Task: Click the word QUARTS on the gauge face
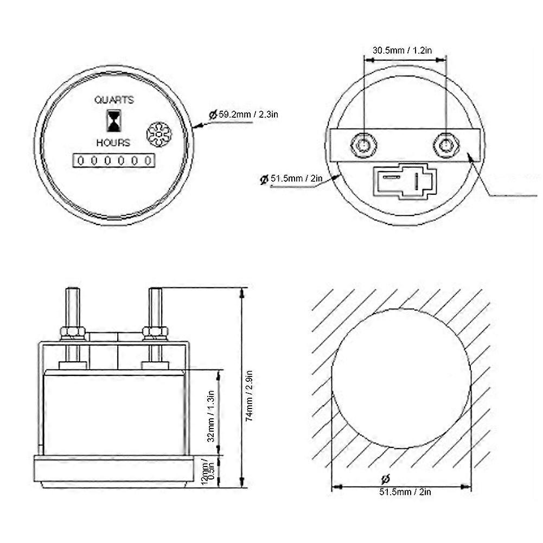pos(114,100)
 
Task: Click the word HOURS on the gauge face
pos(113,143)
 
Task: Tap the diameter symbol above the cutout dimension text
pos(386,479)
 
